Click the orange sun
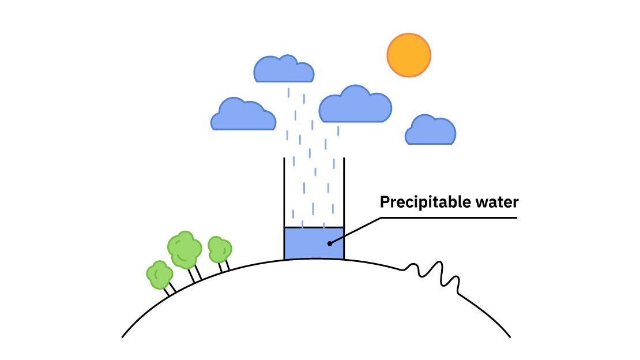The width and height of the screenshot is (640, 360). (x=409, y=55)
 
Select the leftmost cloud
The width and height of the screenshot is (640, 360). (x=243, y=115)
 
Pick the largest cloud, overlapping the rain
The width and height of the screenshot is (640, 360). (x=355, y=106)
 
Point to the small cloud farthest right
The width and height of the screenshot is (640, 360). (x=431, y=131)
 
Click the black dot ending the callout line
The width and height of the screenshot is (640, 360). (x=329, y=243)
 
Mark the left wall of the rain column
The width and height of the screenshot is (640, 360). (x=284, y=190)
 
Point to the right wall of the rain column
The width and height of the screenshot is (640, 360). (x=344, y=190)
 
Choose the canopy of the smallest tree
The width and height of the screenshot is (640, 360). (x=159, y=275)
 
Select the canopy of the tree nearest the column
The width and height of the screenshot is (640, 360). (x=219, y=249)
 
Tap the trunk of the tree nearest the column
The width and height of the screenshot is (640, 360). (x=223, y=267)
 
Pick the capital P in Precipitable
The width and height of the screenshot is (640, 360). (x=384, y=202)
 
